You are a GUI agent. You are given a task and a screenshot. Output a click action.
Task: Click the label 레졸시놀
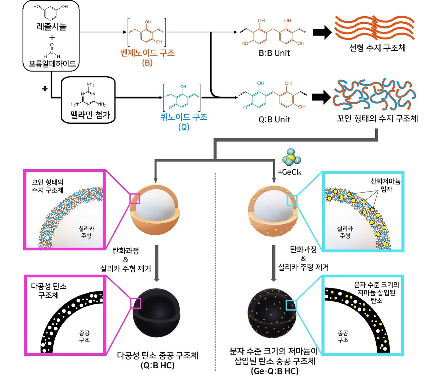(x=51, y=26)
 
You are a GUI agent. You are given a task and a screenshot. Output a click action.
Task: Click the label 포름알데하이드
(x=52, y=64)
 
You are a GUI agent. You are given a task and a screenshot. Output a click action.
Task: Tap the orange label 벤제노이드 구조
(x=147, y=53)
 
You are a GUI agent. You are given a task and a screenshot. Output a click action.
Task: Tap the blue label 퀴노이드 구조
(x=184, y=117)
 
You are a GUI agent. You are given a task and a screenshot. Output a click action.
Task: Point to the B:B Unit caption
(x=274, y=53)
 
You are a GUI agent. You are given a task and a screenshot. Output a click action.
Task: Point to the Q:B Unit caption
(x=274, y=119)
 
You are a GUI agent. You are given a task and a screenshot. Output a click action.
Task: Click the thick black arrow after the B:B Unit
(x=322, y=32)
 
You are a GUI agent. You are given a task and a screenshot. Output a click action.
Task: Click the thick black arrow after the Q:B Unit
(x=321, y=97)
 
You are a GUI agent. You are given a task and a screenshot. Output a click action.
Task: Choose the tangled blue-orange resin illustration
(x=374, y=95)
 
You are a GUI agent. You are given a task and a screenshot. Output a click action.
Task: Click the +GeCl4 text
(x=289, y=172)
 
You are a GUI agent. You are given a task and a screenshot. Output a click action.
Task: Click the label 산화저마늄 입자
(x=385, y=185)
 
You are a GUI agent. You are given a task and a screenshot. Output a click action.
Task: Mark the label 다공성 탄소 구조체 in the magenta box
(x=49, y=290)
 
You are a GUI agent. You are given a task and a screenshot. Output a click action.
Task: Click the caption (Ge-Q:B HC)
(x=274, y=371)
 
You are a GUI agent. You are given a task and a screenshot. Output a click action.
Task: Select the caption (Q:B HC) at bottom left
(x=157, y=365)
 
